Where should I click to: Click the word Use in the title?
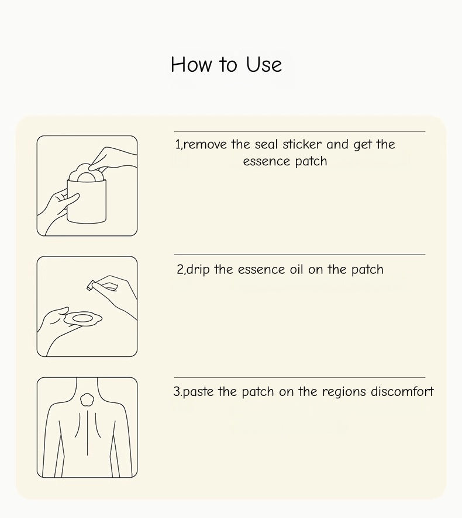coord(264,64)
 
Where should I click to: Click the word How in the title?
coord(191,64)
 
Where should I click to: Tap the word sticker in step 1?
coord(302,144)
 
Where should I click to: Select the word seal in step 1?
coord(266,144)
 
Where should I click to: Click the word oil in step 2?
coord(296,270)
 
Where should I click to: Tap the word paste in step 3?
coord(198,392)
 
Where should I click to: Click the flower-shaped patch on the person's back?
coord(87,400)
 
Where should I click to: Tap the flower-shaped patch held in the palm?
coord(82,319)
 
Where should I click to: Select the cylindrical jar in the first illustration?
coord(87,201)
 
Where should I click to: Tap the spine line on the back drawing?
coord(87,433)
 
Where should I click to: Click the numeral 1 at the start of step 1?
coord(178,144)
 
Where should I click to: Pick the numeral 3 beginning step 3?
coord(177,392)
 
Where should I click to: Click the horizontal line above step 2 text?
coord(299,255)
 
